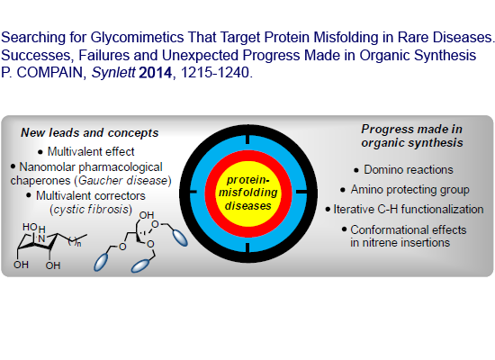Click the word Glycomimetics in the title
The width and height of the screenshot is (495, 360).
(x=137, y=38)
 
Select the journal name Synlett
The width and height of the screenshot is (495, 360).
(x=113, y=73)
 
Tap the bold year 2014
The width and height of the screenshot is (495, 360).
(x=156, y=73)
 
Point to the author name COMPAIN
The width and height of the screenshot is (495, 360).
(x=49, y=73)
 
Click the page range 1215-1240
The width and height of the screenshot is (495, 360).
(x=215, y=73)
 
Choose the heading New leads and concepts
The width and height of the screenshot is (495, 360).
(x=90, y=133)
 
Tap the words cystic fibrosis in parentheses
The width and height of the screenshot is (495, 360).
(x=91, y=210)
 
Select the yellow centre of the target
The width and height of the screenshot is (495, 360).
(x=248, y=193)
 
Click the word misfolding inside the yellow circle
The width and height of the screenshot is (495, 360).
(x=248, y=193)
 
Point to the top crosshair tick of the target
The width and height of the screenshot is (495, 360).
(x=247, y=139)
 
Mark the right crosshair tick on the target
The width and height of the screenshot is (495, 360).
(x=301, y=192)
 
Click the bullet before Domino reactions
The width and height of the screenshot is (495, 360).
(x=356, y=170)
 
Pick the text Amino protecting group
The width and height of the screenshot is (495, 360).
(x=409, y=190)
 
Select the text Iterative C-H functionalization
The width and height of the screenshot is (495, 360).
(x=409, y=210)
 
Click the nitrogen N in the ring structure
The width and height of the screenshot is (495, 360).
(x=41, y=239)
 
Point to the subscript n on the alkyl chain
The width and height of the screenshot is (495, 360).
(x=79, y=244)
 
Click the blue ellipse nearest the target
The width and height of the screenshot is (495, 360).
(x=180, y=238)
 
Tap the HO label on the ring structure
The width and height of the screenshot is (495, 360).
(x=31, y=227)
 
